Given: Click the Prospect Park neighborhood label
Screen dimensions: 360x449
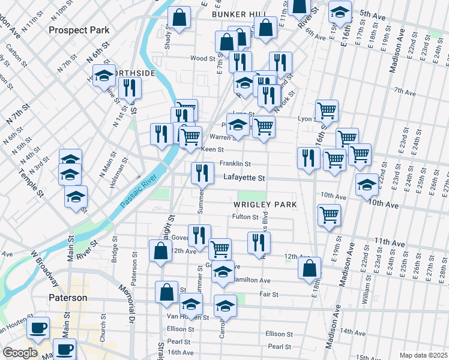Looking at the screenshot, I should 79,29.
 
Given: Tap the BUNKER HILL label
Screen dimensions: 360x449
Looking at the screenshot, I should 238,13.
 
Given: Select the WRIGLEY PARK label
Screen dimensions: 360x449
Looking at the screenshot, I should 265,205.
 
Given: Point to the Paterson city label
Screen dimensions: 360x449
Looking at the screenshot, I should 68,298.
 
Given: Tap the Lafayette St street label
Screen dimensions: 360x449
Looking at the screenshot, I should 244,178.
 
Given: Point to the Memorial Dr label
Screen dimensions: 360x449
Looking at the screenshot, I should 130,310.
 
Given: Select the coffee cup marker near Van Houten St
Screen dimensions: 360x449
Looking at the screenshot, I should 38,328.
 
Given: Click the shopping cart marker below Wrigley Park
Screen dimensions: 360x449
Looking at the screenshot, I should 328,215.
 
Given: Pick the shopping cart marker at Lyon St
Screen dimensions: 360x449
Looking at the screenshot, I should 327,110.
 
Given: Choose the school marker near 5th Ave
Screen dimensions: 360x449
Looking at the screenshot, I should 340,13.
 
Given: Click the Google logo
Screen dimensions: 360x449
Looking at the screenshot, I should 20,353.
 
